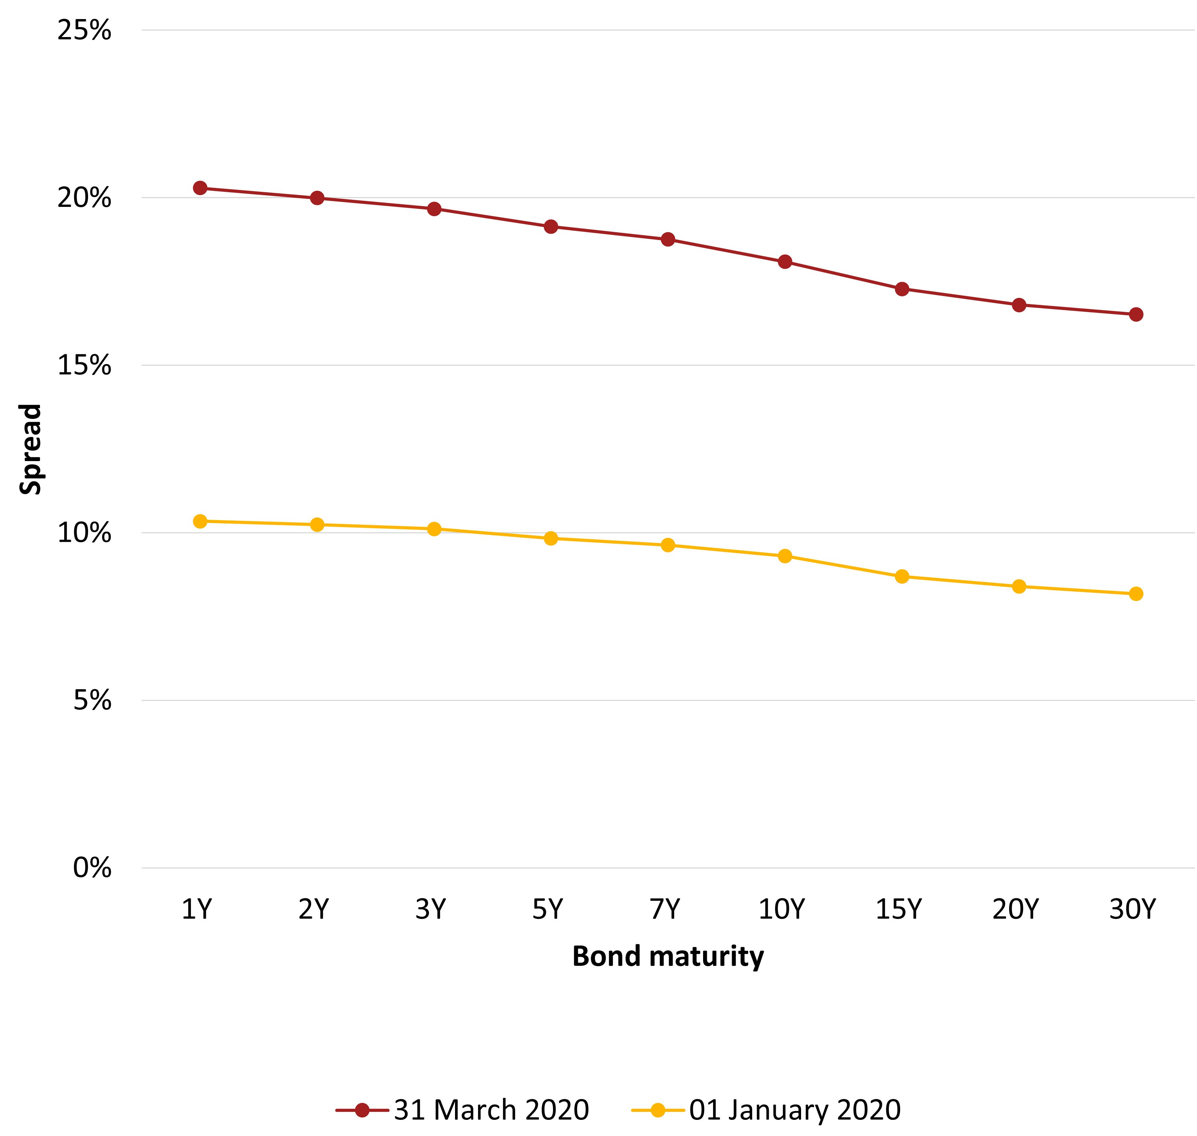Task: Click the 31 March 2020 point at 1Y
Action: tap(200, 188)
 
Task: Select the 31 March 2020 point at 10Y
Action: tap(785, 262)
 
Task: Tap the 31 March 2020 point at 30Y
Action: tap(1135, 314)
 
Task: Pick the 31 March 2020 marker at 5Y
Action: tap(551, 226)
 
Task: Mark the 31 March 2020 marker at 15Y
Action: tap(901, 289)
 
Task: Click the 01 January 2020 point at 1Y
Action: tap(200, 521)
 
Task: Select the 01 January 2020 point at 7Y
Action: tap(667, 545)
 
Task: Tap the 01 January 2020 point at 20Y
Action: tap(1018, 586)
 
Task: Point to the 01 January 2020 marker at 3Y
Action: tap(434, 529)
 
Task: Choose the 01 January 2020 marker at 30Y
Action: tap(1135, 593)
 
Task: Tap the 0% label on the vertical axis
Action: tap(92, 868)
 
